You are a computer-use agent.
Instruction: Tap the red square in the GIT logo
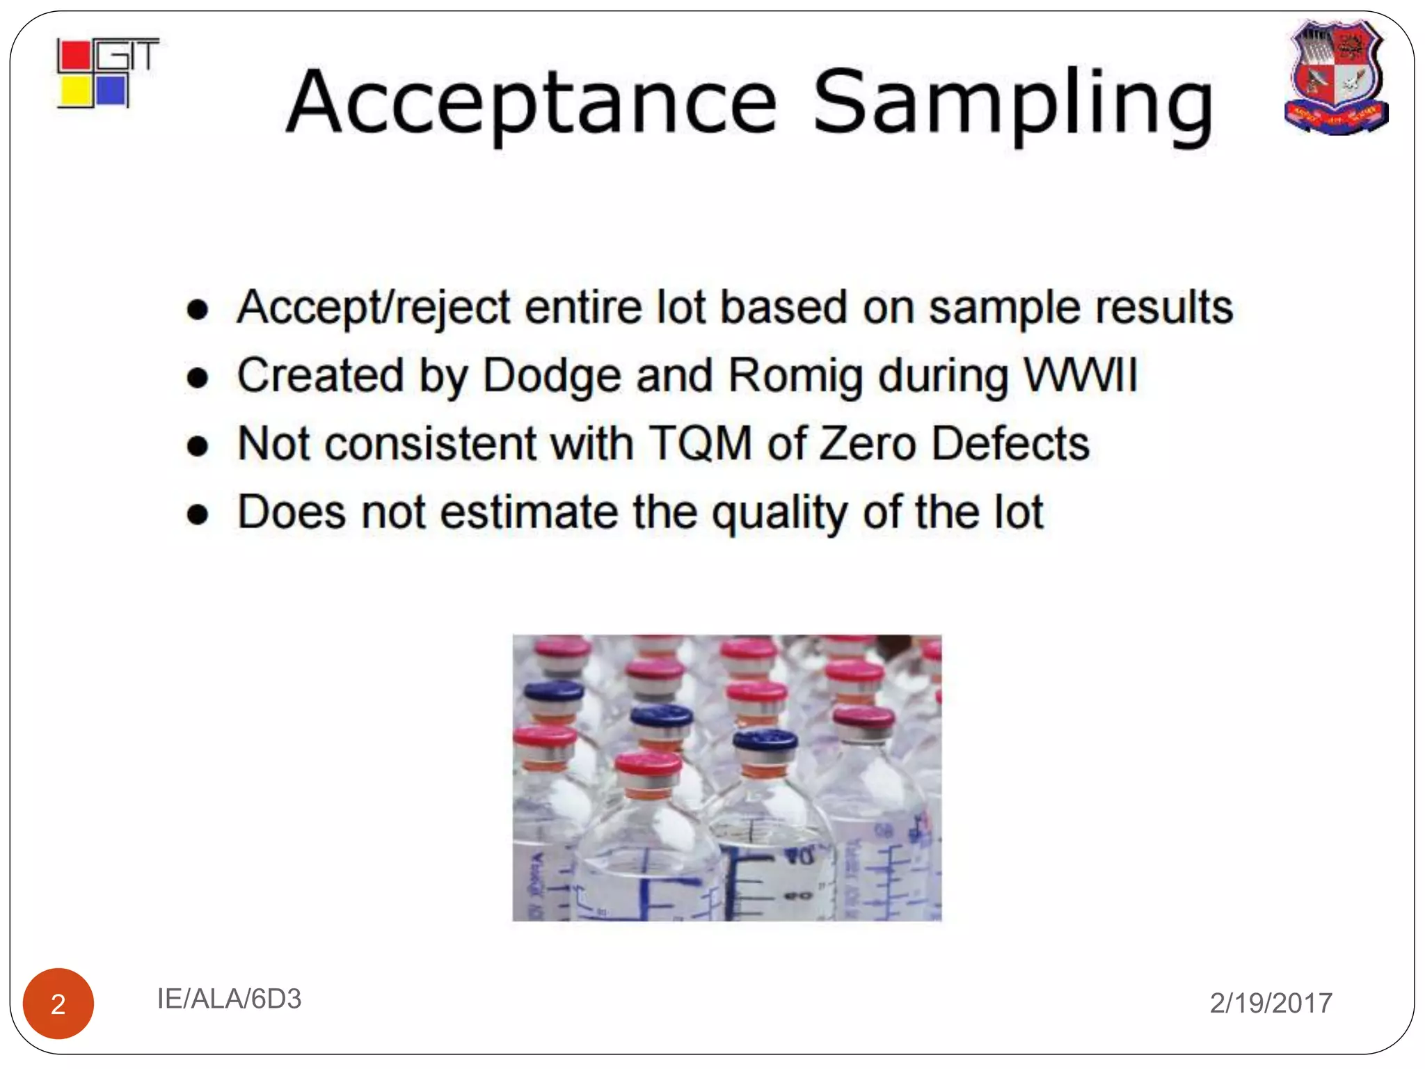pyautogui.click(x=74, y=56)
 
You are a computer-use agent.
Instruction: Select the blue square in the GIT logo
pyautogui.click(x=111, y=90)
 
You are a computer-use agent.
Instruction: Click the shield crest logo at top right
pyautogui.click(x=1336, y=77)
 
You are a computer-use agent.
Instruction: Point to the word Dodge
pyautogui.click(x=552, y=376)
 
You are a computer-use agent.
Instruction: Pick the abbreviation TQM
pyautogui.click(x=700, y=443)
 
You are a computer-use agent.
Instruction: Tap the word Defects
pyautogui.click(x=1010, y=443)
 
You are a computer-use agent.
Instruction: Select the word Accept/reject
pyautogui.click(x=374, y=308)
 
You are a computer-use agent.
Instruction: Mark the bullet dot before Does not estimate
pyautogui.click(x=198, y=514)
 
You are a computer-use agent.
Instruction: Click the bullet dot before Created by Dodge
pyautogui.click(x=198, y=377)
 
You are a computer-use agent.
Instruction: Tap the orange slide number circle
pyautogui.click(x=58, y=1003)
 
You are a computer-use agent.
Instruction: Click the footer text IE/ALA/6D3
pyautogui.click(x=229, y=999)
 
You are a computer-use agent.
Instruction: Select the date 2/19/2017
pyautogui.click(x=1271, y=1003)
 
